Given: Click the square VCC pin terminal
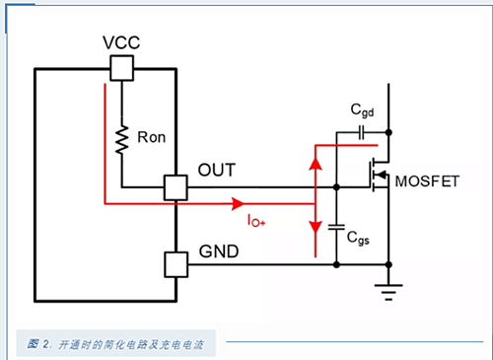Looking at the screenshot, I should [x=120, y=67].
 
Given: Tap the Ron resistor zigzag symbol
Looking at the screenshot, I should [x=120, y=140].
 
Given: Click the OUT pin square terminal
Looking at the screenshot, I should [x=175, y=186].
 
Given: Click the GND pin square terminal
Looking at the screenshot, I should [x=175, y=263].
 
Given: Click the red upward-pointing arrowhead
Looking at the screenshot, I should [x=315, y=162].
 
